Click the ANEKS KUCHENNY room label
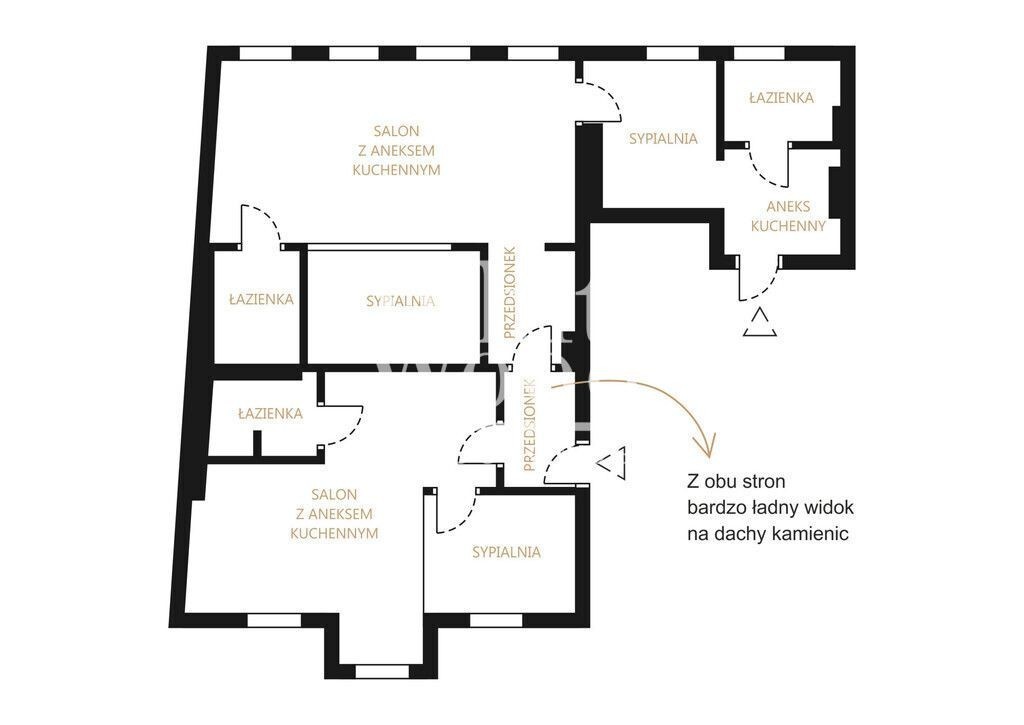point(788,216)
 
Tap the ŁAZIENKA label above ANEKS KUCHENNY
point(781,98)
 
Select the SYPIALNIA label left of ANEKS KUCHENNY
point(663,138)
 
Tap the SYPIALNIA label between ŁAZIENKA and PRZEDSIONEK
point(400,302)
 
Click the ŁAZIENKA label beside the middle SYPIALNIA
point(261,300)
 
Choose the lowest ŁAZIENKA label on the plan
point(270,413)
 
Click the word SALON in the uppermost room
point(396,131)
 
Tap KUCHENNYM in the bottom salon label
point(334,533)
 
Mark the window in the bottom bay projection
point(381,671)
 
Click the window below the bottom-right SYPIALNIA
point(496,620)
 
